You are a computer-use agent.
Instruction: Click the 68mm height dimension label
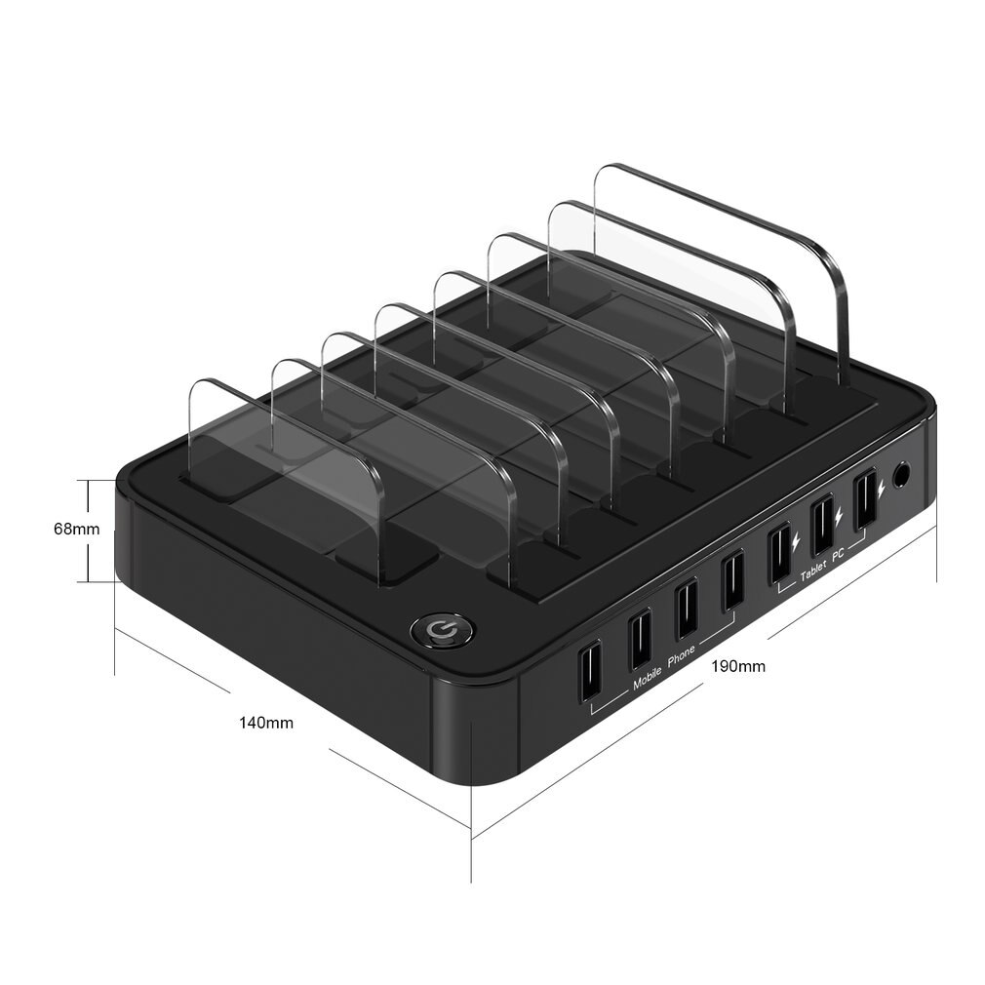coord(76,530)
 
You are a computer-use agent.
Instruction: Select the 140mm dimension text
coord(266,723)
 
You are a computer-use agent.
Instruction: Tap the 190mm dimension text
coord(737,667)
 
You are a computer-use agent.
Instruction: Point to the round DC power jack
coord(901,477)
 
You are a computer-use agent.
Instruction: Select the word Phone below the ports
coord(681,658)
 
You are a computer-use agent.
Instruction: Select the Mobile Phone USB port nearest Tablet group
coord(731,581)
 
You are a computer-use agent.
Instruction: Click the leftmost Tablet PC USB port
coord(778,552)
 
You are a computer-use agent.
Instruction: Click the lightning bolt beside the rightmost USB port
coord(882,485)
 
